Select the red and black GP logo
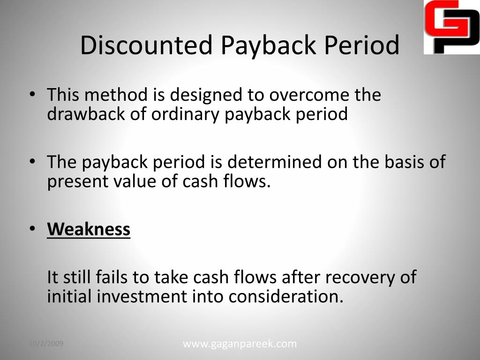452,27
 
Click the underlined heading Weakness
89,229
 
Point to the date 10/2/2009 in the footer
46,344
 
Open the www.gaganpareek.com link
240,344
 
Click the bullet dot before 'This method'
32,94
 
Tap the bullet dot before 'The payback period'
32,161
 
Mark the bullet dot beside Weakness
32,228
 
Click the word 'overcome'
309,95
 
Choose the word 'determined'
275,162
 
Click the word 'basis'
405,162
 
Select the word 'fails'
112,277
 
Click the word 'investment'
142,297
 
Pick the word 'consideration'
286,297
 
